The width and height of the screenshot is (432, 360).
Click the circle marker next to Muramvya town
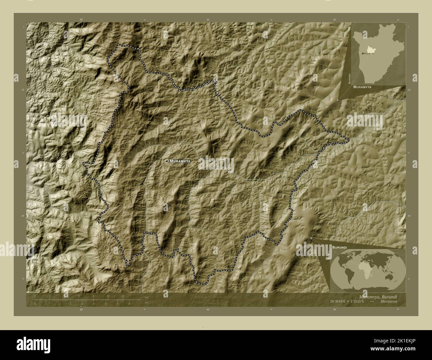pyautogui.click(x=166, y=161)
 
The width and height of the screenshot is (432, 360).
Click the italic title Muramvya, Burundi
pyautogui.click(x=378, y=297)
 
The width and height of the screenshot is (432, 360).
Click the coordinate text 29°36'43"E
pyautogui.click(x=337, y=301)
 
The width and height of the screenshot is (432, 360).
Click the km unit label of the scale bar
pyautogui.click(x=147, y=297)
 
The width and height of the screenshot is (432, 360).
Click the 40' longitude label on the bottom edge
pyautogui.click(x=208, y=310)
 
